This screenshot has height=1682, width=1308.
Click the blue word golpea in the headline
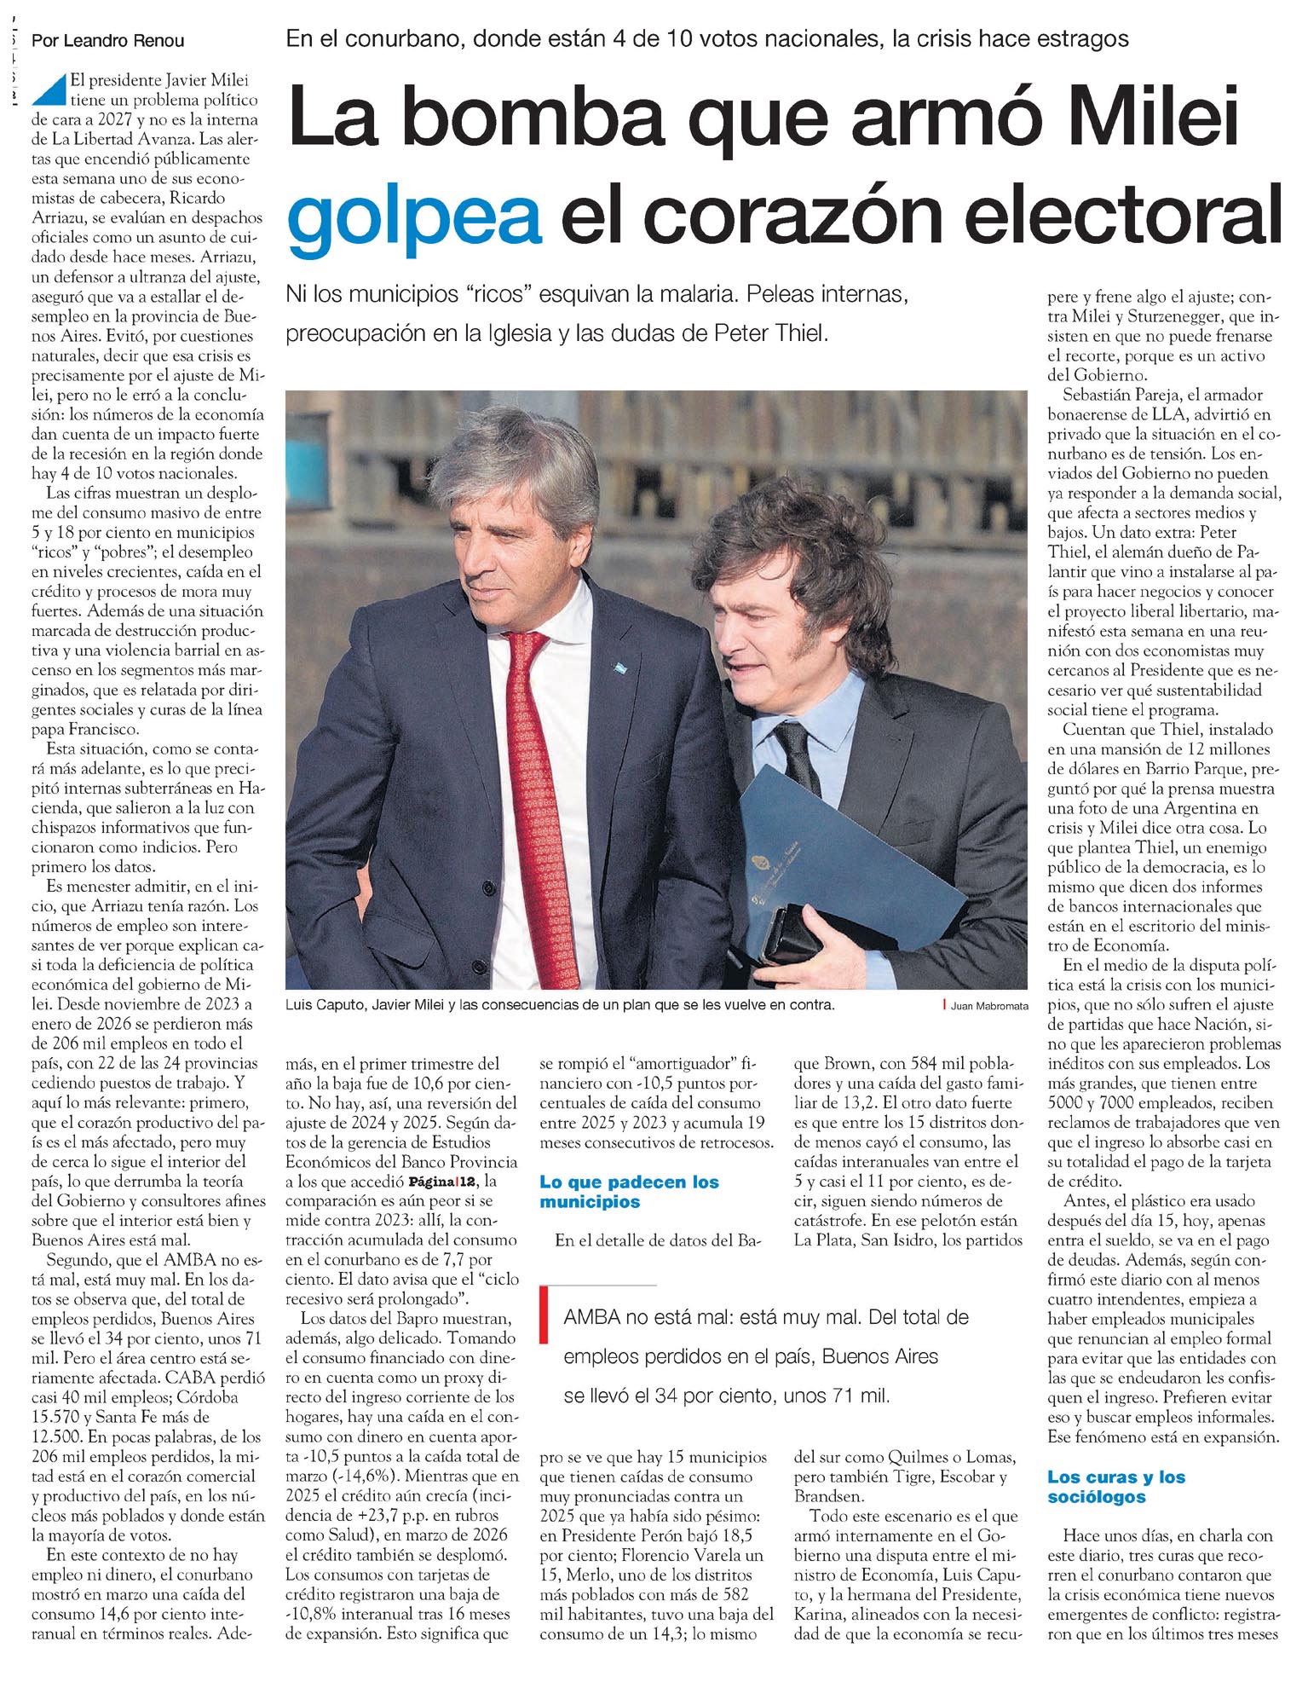(415, 215)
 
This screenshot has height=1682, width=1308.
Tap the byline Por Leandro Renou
(107, 40)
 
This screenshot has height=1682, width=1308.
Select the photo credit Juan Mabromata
(989, 1006)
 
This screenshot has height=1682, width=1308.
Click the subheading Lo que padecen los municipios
(629, 1192)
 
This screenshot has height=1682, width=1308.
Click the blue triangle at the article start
(52, 88)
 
